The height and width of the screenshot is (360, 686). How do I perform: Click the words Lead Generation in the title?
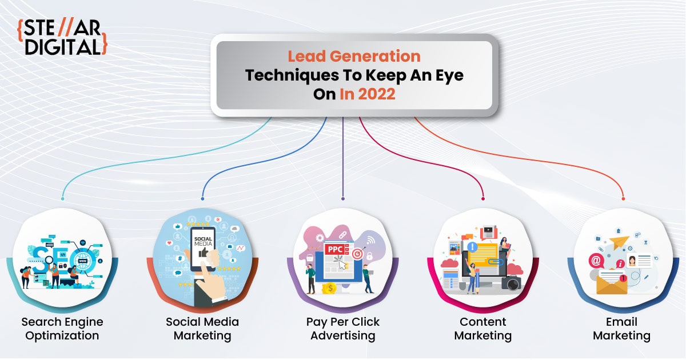coord(354,57)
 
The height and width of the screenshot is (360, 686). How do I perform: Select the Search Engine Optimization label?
coord(62,329)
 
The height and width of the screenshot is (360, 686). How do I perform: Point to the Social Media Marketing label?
coord(202,329)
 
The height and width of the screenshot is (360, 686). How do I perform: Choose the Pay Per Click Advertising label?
coord(342,329)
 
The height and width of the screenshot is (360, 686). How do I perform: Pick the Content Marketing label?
coord(482,329)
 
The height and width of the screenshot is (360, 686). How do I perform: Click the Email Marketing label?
coord(622,329)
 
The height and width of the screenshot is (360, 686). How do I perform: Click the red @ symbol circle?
coord(596,261)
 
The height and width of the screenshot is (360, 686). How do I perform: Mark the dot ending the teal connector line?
coord(62,199)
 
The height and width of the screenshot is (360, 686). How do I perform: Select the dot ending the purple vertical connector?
coord(342,199)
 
